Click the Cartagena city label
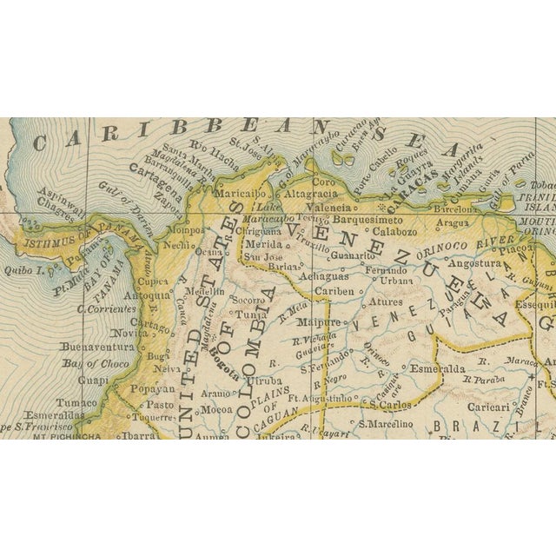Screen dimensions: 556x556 pos(156,182)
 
